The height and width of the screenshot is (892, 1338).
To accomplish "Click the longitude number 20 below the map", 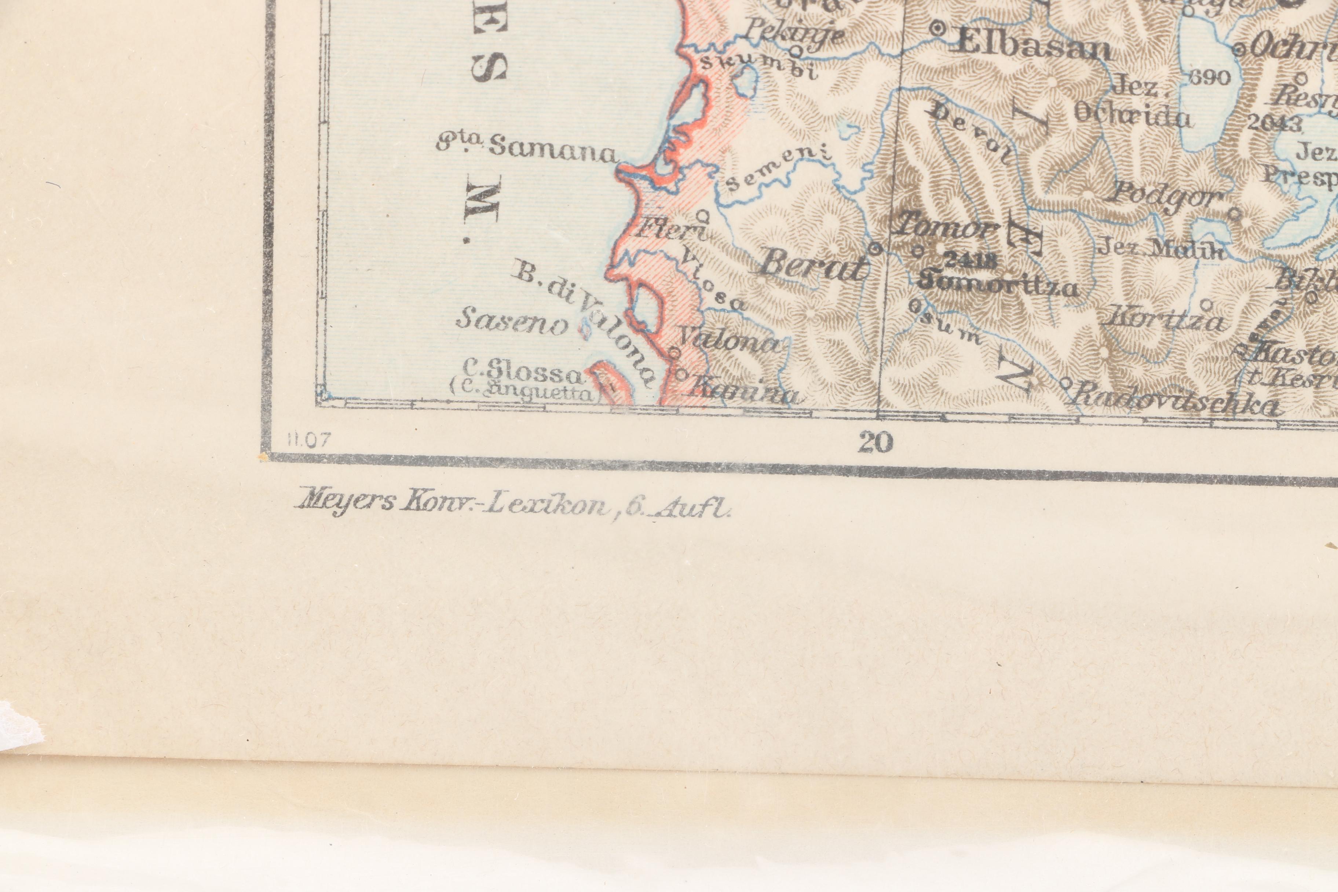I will [x=875, y=442].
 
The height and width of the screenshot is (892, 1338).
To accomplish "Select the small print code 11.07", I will [x=308, y=441].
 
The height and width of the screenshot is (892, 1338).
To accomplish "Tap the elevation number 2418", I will [x=969, y=260].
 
